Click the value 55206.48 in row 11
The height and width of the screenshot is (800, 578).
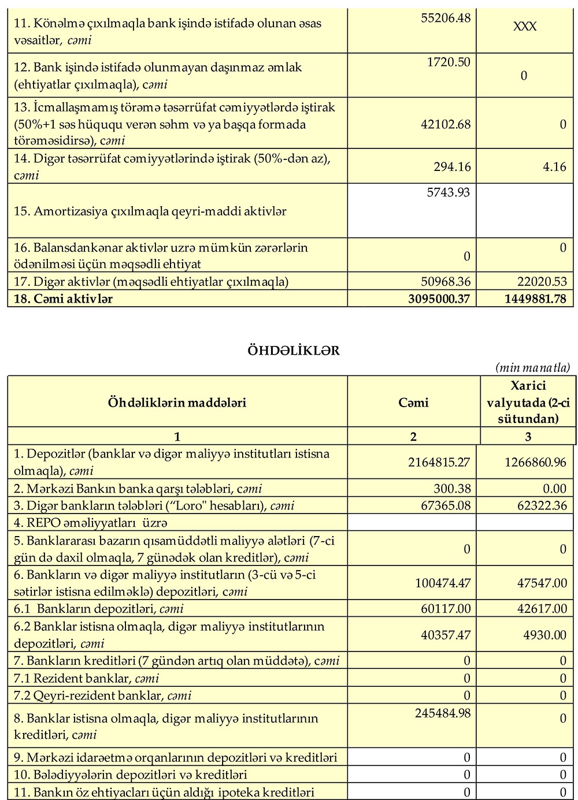pos(446,18)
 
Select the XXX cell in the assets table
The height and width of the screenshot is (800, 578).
pos(525,27)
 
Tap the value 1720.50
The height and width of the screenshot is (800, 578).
pos(449,62)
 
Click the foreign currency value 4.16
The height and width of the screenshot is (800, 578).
pos(555,167)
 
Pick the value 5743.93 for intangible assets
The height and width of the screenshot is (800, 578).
pos(449,192)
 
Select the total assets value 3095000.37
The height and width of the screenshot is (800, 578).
pos(439,299)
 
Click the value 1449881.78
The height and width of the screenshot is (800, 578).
pos(535,299)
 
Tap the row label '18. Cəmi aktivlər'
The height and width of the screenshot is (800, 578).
pos(63,299)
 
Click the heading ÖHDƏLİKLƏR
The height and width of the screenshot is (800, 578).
pos(293,351)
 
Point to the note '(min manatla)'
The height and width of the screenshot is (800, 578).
pos(532,368)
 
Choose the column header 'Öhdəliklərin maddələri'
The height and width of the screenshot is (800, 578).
pos(177,403)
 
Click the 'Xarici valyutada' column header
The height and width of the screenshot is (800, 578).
pos(528,403)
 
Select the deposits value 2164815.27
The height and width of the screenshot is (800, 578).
pos(439,462)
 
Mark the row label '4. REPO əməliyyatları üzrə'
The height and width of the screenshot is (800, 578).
pos(91,523)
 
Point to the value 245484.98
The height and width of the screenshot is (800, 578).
pos(443,713)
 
